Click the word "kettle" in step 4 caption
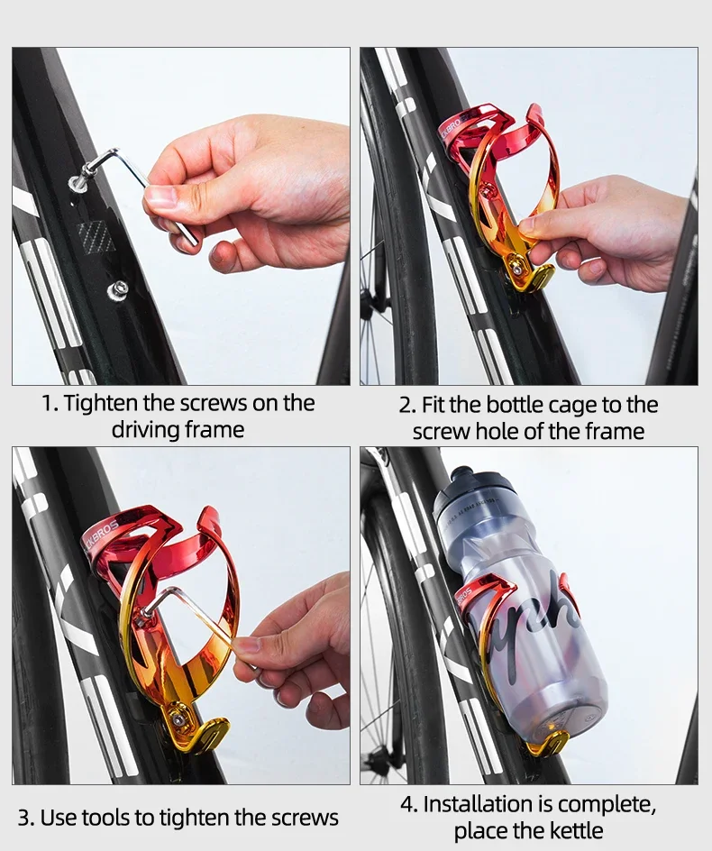click(572, 830)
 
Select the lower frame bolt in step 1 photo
click(117, 289)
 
